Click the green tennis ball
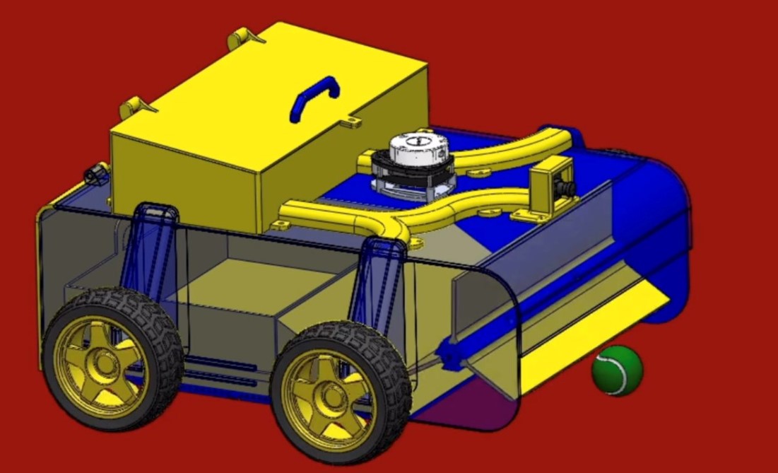[x=618, y=370]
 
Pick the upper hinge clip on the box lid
[x=244, y=37]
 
